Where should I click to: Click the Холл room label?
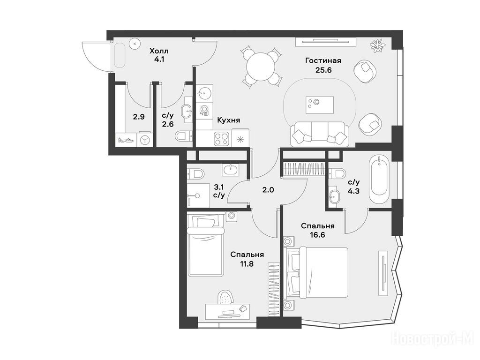[x=159, y=51]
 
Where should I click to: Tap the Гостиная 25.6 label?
[x=323, y=65]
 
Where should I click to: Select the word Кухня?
[x=228, y=120]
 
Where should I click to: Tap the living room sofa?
[x=320, y=134]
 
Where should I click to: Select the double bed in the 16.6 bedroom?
[x=317, y=272]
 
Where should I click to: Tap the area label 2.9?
[x=139, y=117]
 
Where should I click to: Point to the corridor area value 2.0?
[x=268, y=190]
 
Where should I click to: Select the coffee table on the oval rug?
[x=320, y=105]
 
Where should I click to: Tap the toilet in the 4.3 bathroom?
[x=337, y=173]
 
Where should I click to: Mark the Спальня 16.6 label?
[x=317, y=231]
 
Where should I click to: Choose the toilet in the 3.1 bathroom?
[x=195, y=173]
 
